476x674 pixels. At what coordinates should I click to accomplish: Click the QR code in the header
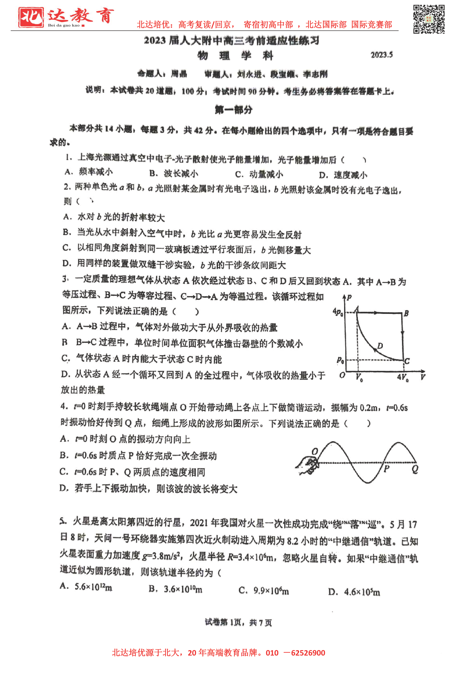click(x=429, y=19)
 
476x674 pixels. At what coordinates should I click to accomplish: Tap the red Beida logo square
click(x=31, y=17)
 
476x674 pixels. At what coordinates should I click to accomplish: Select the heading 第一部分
click(x=233, y=110)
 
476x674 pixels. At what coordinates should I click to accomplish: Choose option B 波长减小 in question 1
click(x=174, y=173)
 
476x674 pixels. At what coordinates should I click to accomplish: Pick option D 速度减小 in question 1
click(x=343, y=175)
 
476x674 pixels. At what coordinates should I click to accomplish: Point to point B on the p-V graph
click(x=406, y=313)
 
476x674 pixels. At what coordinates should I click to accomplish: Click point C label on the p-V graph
click(x=407, y=361)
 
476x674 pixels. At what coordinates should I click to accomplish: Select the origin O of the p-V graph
click(x=342, y=375)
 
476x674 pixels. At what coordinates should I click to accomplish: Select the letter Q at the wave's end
click(x=415, y=469)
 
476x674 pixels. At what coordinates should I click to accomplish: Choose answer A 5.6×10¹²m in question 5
click(x=86, y=587)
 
